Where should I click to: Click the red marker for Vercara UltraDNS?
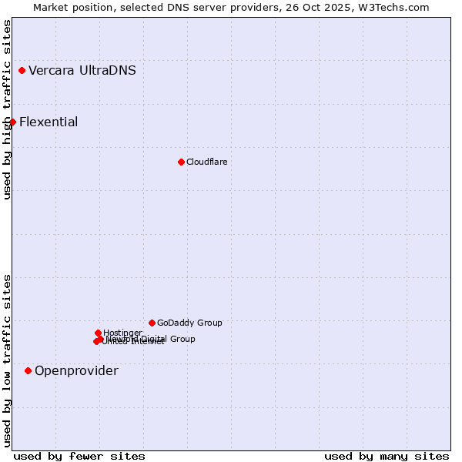coord(22,71)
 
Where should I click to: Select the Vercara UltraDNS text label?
coord(82,71)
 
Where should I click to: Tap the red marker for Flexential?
coord(12,122)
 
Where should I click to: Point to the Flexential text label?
coord(49,122)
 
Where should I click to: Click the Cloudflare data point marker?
coord(182,162)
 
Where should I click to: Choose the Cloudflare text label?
coord(206,162)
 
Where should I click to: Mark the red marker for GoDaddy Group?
coord(152,323)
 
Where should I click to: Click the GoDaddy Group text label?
coord(189,323)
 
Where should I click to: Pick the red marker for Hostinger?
coord(99,333)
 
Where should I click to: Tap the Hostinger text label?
coord(122,333)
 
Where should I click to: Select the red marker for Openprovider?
coord(28,370)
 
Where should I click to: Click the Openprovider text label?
coord(76,370)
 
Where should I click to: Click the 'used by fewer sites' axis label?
coord(79,456)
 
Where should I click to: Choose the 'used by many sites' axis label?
coord(387,456)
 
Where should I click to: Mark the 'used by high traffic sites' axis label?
coord(7,109)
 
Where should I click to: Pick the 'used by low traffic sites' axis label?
coord(7,360)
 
